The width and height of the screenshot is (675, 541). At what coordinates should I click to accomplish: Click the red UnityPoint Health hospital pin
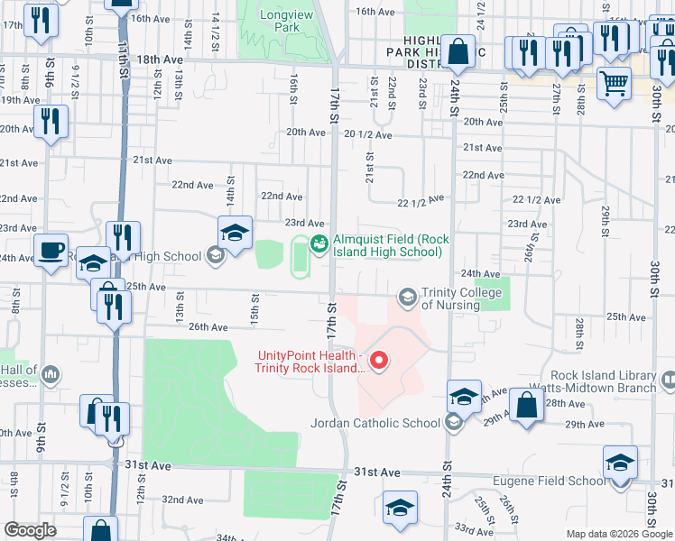pyautogui.click(x=380, y=362)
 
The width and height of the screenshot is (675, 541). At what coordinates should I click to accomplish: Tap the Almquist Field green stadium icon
pyautogui.click(x=319, y=243)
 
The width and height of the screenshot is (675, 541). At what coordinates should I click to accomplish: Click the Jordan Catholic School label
pyautogui.click(x=374, y=422)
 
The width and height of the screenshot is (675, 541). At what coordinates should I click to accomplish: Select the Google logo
pyautogui.click(x=30, y=530)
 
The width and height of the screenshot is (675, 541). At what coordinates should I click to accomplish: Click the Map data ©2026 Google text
pyautogui.click(x=618, y=533)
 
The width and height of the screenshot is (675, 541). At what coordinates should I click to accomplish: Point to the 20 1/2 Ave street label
pyautogui.click(x=368, y=134)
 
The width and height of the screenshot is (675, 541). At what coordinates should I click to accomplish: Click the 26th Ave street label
pyautogui.click(x=208, y=327)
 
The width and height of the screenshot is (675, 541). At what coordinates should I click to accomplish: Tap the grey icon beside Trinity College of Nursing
pyautogui.click(x=408, y=297)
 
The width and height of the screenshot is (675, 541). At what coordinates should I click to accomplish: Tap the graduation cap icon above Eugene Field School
pyautogui.click(x=620, y=463)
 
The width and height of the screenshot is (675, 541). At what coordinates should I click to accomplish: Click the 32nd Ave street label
pyautogui.click(x=182, y=499)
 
